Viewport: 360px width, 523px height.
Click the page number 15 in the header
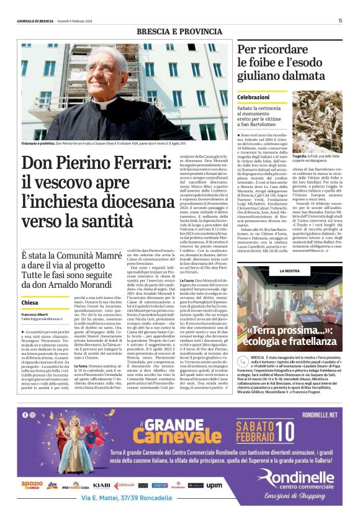coord(340,20)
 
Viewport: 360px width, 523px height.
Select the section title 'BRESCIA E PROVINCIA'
coord(179,32)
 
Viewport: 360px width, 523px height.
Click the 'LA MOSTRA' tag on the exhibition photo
coord(273,271)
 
